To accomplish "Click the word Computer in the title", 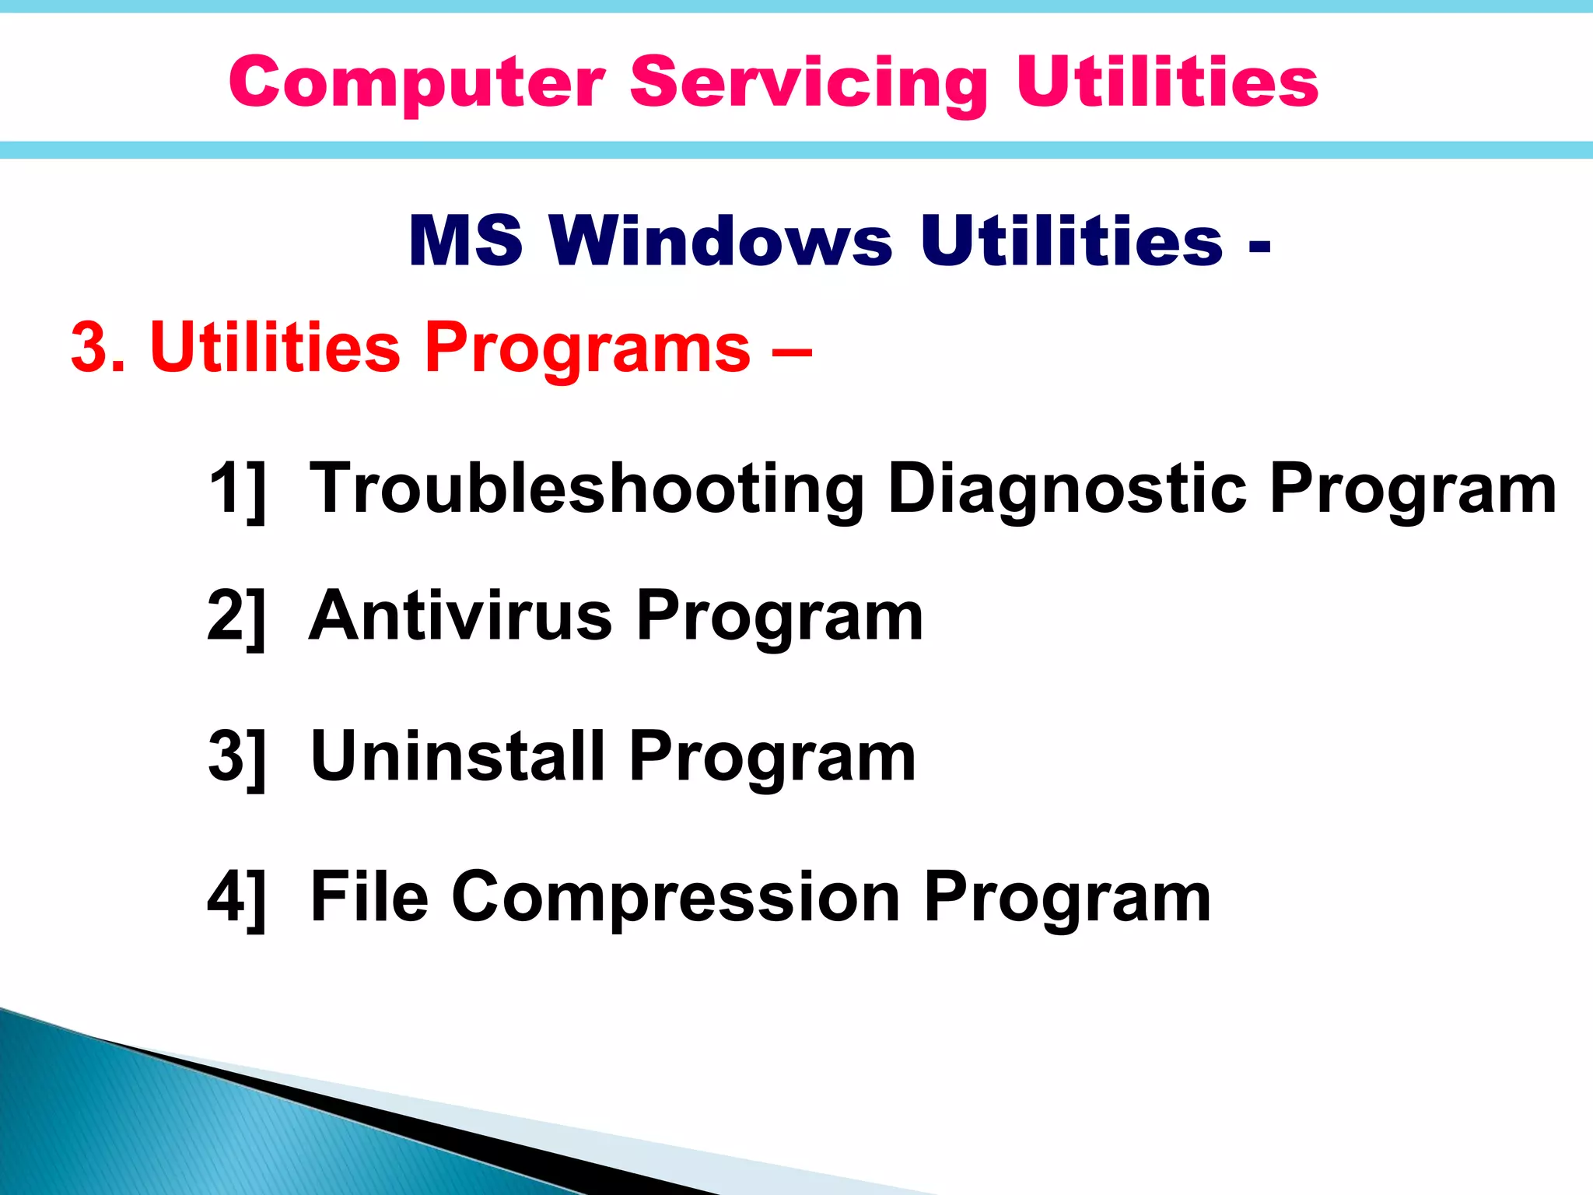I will [x=416, y=83].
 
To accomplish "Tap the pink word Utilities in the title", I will [x=1167, y=82].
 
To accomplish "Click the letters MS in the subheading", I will [x=465, y=240].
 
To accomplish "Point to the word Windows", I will [x=720, y=240].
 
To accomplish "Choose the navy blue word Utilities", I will [x=1071, y=240].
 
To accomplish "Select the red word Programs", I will [x=587, y=349].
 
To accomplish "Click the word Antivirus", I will [x=460, y=616].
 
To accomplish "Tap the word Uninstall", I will [x=457, y=756].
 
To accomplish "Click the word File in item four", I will [x=369, y=896].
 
